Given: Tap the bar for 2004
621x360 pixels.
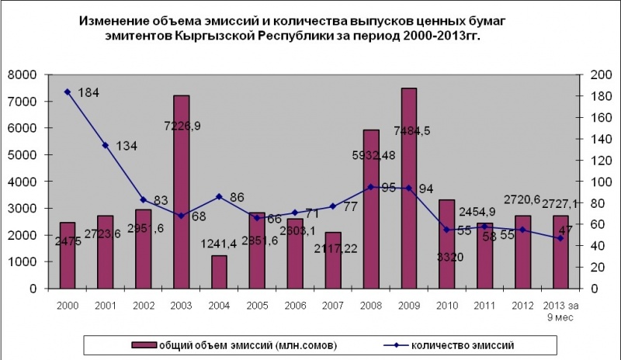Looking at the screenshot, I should (x=219, y=272).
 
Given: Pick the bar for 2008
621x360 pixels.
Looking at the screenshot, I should (x=371, y=209).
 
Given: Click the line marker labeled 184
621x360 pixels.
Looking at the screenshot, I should (x=67, y=92).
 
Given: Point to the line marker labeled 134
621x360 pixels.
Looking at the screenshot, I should (x=105, y=145).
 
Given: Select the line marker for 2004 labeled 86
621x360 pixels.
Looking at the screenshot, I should (x=219, y=196).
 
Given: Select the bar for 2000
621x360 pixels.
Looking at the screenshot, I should (x=67, y=255).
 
